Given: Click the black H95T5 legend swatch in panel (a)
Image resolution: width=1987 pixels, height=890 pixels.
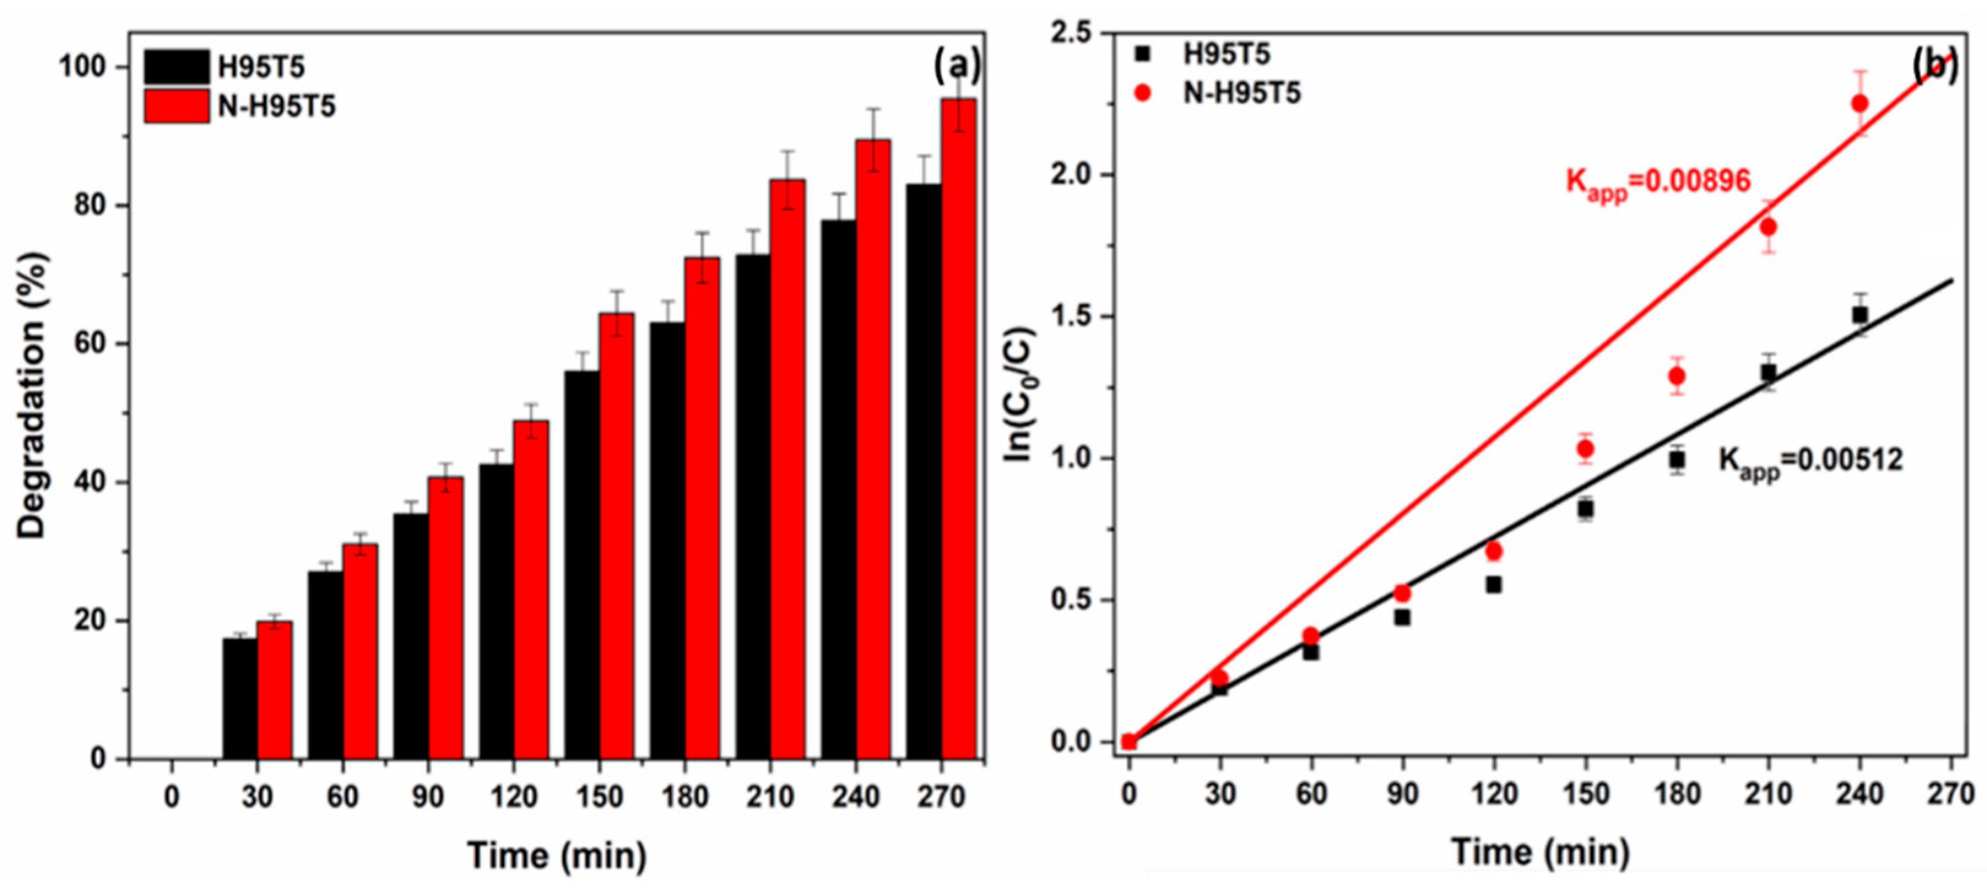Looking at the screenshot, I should (x=177, y=67).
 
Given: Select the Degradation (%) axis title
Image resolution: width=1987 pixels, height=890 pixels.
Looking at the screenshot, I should (x=33, y=395).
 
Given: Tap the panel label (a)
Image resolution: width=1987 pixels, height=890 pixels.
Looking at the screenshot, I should (x=957, y=67).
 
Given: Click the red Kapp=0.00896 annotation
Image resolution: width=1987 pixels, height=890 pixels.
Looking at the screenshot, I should (x=1658, y=183).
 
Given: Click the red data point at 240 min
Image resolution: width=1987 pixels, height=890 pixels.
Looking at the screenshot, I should (x=1859, y=103).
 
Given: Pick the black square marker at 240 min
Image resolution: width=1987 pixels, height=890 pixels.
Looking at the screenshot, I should (x=1859, y=315).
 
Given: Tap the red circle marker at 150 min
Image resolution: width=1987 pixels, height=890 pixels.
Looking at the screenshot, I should (x=1585, y=449).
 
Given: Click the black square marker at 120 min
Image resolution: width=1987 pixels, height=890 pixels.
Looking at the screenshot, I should (x=1493, y=585).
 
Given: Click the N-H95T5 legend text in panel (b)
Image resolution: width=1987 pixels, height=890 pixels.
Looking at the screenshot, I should (x=1242, y=93).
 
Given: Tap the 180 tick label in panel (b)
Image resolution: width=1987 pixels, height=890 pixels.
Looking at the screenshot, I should (x=1676, y=794).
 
